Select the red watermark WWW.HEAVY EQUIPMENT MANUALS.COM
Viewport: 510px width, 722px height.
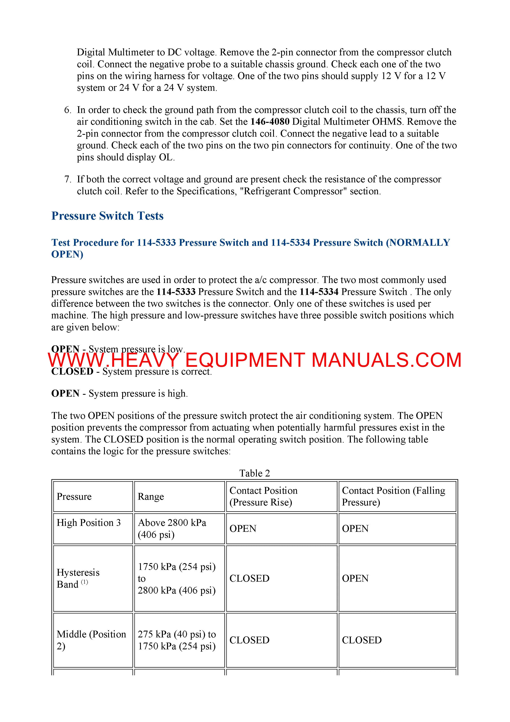(255, 360)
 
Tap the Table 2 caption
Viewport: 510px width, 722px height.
(255, 473)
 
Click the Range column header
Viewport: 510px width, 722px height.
(151, 497)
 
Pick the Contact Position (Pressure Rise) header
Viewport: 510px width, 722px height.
(263, 497)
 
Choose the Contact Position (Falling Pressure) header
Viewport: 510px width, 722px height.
(393, 497)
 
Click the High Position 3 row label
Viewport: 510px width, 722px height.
(89, 523)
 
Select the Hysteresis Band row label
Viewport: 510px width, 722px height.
(78, 578)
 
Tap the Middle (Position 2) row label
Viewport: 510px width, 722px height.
(91, 640)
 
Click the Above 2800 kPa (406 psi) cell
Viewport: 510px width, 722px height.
(172, 529)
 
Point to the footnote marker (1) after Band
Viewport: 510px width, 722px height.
(85, 582)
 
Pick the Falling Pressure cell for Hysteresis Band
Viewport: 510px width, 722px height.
(355, 578)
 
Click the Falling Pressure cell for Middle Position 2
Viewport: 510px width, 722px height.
(362, 640)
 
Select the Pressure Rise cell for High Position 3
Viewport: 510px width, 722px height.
(243, 529)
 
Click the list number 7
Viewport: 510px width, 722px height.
(68, 179)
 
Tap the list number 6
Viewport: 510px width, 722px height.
(68, 110)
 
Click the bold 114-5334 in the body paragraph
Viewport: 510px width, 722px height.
(319, 292)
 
